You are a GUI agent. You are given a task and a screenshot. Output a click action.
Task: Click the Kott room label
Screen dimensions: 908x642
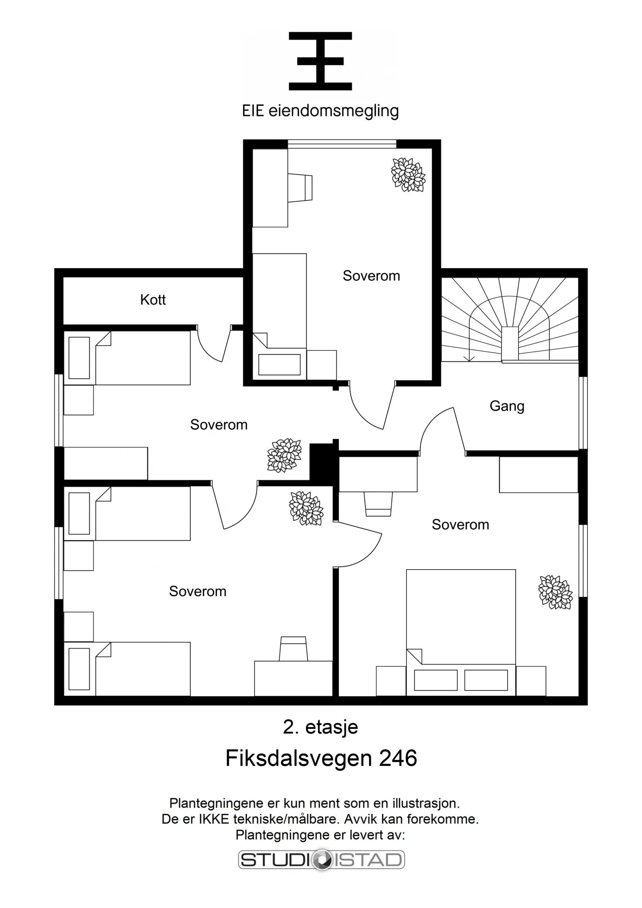point(153,300)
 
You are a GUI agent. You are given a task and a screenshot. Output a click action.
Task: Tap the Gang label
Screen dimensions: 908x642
point(507,406)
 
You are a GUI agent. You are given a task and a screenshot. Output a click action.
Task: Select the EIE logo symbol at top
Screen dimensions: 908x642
point(320,61)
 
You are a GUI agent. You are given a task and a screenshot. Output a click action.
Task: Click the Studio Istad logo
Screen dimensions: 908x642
point(321,860)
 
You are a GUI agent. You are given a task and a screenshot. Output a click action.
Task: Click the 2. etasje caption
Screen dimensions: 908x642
point(320,727)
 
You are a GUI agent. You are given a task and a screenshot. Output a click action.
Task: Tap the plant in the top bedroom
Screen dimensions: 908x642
point(408,174)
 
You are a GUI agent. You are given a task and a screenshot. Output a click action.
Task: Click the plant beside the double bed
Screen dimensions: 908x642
point(555,592)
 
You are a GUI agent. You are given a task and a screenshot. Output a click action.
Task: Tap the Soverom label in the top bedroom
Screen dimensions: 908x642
point(371,276)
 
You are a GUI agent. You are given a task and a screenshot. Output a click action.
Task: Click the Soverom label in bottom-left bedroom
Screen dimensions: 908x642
point(198,591)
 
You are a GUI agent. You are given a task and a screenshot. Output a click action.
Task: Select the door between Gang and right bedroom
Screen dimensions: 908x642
point(441,431)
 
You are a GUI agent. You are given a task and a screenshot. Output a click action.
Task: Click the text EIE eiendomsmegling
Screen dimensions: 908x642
point(320,111)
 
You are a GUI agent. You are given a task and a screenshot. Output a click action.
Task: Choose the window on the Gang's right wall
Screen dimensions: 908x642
point(583,413)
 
